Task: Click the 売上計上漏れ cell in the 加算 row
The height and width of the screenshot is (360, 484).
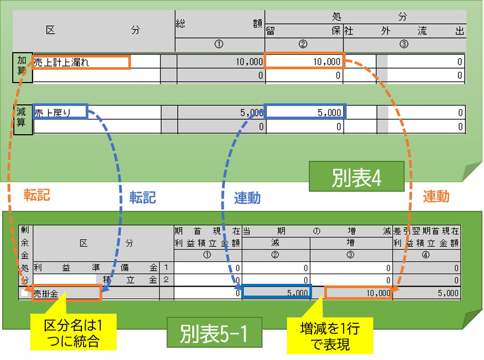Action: pyautogui.click(x=80, y=62)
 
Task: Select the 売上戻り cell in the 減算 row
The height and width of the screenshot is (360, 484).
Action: pyautogui.click(x=60, y=112)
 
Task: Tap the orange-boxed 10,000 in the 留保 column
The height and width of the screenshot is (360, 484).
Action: pyautogui.click(x=305, y=61)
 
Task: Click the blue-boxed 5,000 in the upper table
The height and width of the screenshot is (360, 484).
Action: pyautogui.click(x=305, y=112)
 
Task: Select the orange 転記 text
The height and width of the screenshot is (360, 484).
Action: pyautogui.click(x=36, y=195)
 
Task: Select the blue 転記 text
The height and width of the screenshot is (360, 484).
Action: pyautogui.click(x=143, y=198)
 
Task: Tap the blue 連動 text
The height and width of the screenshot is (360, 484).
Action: pyautogui.click(x=247, y=198)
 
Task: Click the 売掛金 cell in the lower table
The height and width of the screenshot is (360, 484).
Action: pyautogui.click(x=67, y=293)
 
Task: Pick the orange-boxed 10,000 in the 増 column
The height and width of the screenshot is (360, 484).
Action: pyautogui.click(x=358, y=292)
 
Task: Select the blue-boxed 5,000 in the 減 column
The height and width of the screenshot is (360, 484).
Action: pyautogui.click(x=276, y=292)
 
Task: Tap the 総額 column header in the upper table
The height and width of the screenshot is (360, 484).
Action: pyautogui.click(x=219, y=23)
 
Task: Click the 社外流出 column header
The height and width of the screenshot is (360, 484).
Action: pyautogui.click(x=404, y=31)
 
